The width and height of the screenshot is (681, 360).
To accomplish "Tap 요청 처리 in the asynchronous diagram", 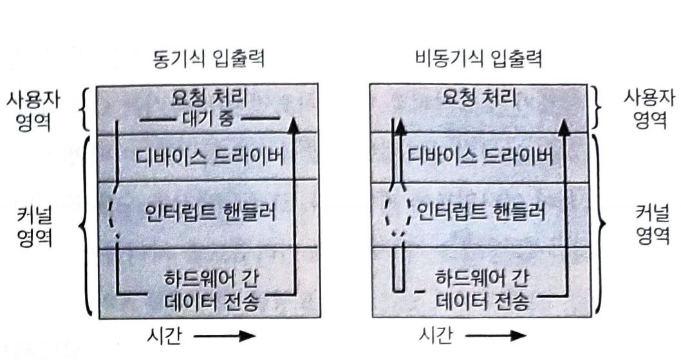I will [x=480, y=99].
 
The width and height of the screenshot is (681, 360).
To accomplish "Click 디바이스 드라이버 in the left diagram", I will [x=209, y=156].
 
